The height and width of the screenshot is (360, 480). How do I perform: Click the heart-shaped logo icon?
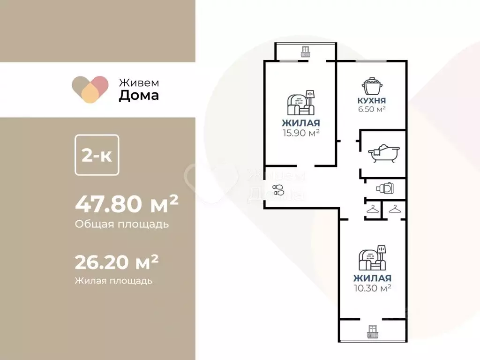[90, 89]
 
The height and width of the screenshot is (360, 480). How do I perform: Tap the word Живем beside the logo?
[138, 82]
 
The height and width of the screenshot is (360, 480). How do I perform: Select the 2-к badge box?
[97, 156]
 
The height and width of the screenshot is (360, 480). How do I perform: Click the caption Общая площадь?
[122, 224]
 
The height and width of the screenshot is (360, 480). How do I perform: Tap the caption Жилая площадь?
[113, 281]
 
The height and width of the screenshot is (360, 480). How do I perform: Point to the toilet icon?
[385, 188]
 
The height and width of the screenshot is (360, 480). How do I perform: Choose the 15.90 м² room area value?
[301, 133]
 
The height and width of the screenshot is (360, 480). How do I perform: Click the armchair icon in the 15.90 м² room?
[300, 104]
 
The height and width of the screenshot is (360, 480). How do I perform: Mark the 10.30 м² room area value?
[373, 287]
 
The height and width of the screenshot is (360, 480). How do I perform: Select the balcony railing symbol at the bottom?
[373, 331]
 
